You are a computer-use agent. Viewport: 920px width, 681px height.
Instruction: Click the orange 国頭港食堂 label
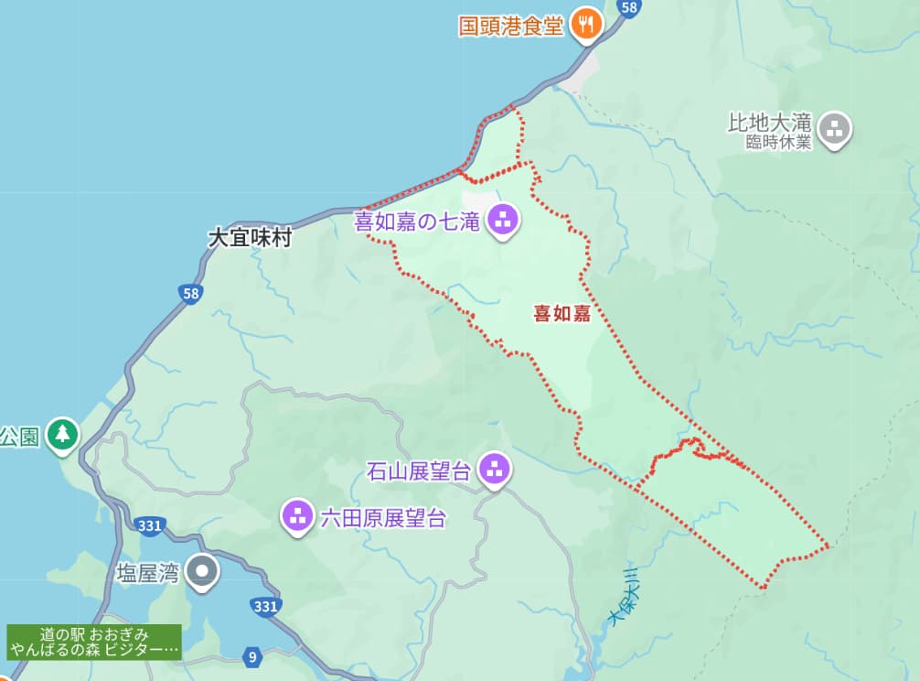510,24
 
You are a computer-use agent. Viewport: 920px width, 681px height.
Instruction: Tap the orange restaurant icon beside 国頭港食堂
585,24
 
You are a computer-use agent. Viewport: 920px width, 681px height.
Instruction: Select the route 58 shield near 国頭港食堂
627,7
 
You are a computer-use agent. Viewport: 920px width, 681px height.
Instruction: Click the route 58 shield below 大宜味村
190,293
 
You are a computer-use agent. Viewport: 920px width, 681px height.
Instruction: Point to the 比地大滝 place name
769,122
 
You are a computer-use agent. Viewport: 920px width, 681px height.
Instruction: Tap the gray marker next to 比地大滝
833,129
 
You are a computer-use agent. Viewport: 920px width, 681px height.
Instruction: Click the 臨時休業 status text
777,142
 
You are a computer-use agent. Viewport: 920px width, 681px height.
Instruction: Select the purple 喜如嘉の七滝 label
417,221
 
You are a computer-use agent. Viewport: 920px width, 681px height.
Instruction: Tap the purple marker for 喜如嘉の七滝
502,219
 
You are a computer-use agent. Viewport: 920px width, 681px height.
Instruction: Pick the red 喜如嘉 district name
562,314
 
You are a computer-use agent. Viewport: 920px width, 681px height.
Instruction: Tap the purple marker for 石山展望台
495,470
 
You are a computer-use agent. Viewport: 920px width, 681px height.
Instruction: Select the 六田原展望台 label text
382,518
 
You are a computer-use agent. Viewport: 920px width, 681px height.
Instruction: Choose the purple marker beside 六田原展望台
298,516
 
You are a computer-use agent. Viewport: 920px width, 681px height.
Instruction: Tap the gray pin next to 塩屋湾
201,572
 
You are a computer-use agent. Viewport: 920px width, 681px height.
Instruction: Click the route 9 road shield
251,655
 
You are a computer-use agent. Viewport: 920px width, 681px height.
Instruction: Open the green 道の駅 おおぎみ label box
94,642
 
